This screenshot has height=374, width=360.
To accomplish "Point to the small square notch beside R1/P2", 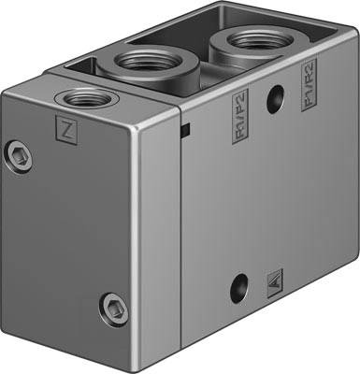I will [x=186, y=128].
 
